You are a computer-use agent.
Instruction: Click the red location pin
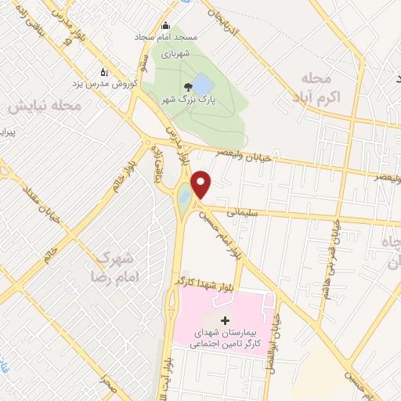(x=201, y=183)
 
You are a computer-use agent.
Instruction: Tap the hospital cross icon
(x=226, y=320)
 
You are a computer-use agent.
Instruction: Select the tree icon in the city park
(x=186, y=87)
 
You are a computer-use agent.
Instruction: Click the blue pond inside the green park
(x=202, y=82)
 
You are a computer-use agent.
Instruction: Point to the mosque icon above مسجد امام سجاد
(x=164, y=25)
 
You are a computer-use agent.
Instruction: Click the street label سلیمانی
(x=244, y=211)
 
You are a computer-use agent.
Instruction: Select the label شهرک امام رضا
(x=122, y=266)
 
